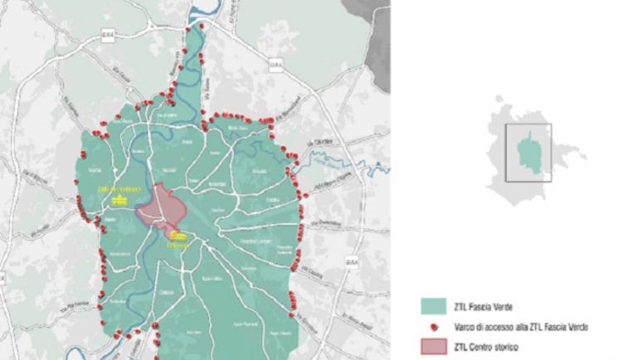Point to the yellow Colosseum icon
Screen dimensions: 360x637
[178, 236]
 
